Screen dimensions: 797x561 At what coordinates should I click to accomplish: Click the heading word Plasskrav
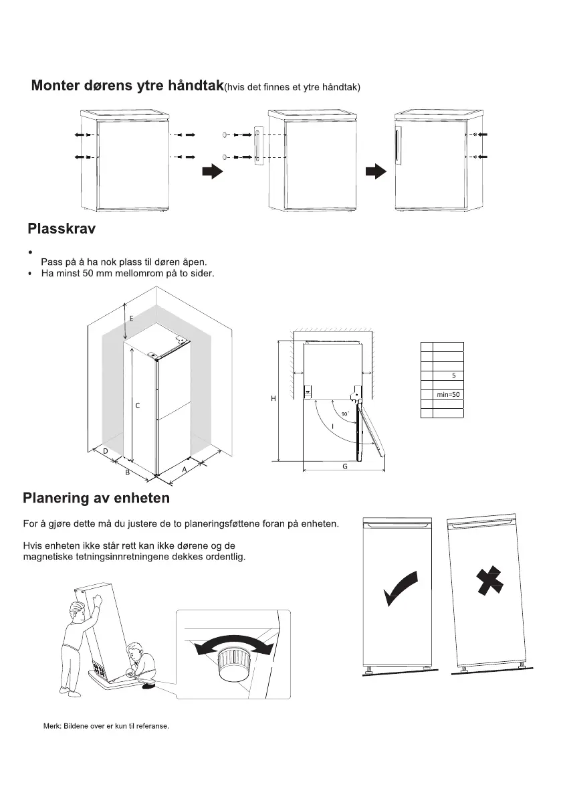click(62, 230)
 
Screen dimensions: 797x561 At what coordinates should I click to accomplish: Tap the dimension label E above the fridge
click(131, 319)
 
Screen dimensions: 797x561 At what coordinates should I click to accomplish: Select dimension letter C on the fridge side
click(137, 406)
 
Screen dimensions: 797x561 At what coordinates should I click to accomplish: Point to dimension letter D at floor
click(106, 452)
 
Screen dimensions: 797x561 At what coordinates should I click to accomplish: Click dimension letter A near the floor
click(184, 470)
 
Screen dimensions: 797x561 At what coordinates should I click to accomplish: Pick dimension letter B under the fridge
click(127, 474)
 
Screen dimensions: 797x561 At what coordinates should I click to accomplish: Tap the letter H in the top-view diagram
click(273, 399)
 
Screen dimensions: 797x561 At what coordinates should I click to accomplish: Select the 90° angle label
click(345, 415)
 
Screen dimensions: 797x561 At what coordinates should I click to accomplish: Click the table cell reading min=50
click(448, 395)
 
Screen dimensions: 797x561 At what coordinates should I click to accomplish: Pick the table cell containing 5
click(453, 375)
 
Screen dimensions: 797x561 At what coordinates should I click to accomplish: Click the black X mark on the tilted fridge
click(489, 580)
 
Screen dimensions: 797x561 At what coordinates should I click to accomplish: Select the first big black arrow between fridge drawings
click(212, 172)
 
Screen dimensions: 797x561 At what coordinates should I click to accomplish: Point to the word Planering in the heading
click(56, 499)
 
